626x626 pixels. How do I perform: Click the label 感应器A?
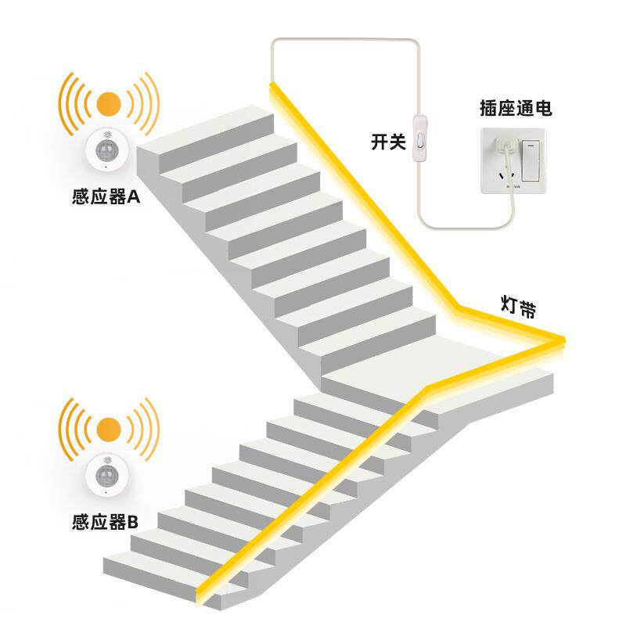point(105,196)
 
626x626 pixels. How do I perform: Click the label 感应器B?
point(105,522)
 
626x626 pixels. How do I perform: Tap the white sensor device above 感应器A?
point(108,149)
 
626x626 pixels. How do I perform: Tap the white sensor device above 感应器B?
point(108,474)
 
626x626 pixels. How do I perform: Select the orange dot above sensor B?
point(109,428)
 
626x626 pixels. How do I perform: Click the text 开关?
point(388,142)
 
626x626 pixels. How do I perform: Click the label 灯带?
point(518,306)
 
